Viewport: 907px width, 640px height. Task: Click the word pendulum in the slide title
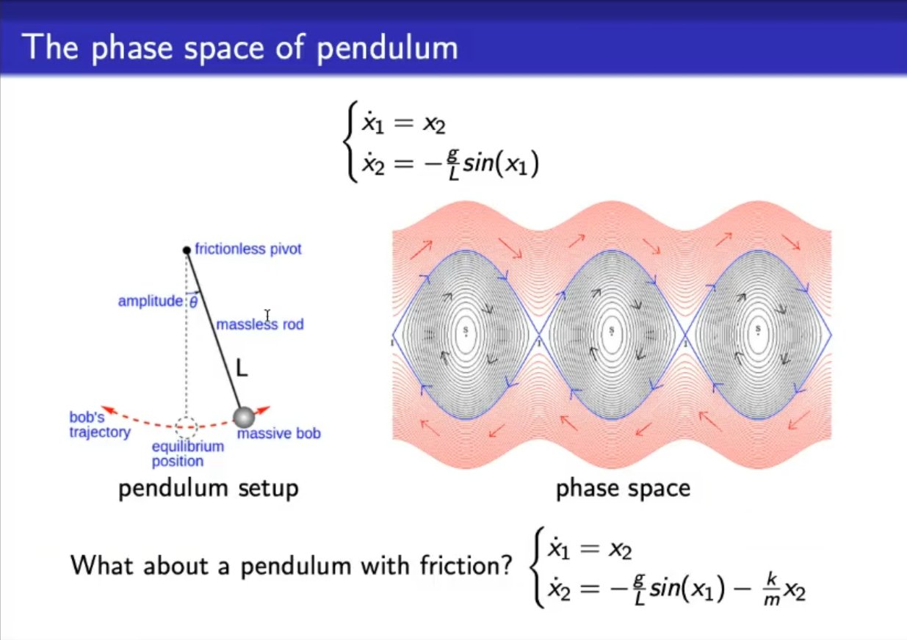(x=387, y=48)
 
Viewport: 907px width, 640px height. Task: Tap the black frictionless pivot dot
(x=187, y=250)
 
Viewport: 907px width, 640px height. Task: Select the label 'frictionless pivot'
(x=247, y=249)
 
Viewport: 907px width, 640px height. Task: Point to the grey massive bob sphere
(x=244, y=418)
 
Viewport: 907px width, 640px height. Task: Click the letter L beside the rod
(x=242, y=368)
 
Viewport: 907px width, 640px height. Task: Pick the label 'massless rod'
(x=260, y=324)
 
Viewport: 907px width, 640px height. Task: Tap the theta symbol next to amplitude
(x=194, y=302)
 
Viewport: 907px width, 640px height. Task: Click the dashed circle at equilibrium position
(x=187, y=427)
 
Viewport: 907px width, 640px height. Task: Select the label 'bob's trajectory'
(x=100, y=425)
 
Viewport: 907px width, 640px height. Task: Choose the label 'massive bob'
(x=279, y=433)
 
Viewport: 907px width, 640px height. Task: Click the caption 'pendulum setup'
(x=209, y=488)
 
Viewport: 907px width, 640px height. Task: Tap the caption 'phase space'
(x=624, y=489)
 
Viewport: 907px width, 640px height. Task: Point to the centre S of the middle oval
(x=612, y=331)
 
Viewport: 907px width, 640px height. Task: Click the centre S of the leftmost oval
(x=466, y=331)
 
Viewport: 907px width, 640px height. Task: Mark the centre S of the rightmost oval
(x=758, y=330)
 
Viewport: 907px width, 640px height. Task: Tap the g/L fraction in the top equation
(x=454, y=164)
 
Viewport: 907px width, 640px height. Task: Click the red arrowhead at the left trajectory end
(x=109, y=410)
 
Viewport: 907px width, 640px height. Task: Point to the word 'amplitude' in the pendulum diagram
(x=151, y=302)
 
